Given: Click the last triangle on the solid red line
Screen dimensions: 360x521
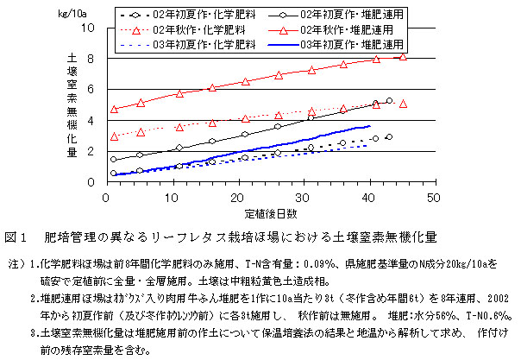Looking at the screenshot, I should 404,57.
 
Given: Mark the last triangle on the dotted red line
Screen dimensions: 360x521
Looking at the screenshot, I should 404,104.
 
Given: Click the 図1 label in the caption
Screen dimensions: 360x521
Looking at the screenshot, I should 16,236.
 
